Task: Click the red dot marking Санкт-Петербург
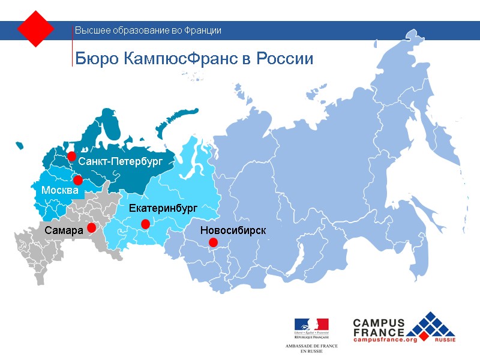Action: pyautogui.click(x=71, y=157)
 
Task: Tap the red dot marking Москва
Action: pyautogui.click(x=77, y=180)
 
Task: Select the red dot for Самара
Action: pyautogui.click(x=91, y=228)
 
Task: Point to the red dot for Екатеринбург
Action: pyautogui.click(x=145, y=224)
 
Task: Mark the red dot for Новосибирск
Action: pyautogui.click(x=213, y=242)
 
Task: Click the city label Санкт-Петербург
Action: pyautogui.click(x=121, y=161)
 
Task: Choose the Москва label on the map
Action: pyautogui.click(x=60, y=190)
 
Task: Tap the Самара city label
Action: pyautogui.click(x=64, y=230)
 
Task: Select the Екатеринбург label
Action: pyautogui.click(x=163, y=208)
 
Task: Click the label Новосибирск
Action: pyautogui.click(x=233, y=230)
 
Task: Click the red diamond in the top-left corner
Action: pyautogui.click(x=36, y=29)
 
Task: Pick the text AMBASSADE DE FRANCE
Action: pyautogui.click(x=311, y=346)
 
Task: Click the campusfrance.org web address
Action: pyautogui.click(x=385, y=340)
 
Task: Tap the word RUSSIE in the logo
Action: pyautogui.click(x=445, y=340)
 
